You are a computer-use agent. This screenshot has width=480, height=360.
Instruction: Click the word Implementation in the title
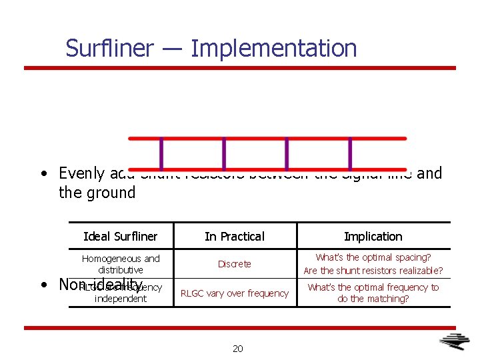pyautogui.click(x=273, y=49)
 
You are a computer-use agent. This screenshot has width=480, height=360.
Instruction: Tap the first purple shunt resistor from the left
pyautogui.click(x=161, y=153)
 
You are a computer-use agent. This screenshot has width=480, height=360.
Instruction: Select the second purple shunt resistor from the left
pyautogui.click(x=224, y=153)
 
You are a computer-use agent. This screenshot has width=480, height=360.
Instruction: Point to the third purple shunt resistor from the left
pyautogui.click(x=287, y=153)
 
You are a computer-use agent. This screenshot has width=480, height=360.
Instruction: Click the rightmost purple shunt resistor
pyautogui.click(x=350, y=153)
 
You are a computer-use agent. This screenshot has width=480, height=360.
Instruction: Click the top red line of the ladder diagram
pyautogui.click(x=267, y=139)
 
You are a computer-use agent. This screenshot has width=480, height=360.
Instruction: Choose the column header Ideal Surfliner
pyautogui.click(x=121, y=237)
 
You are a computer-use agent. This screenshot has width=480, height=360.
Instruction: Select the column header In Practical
pyautogui.click(x=234, y=237)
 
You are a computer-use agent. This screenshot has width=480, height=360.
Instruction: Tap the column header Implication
pyautogui.click(x=373, y=237)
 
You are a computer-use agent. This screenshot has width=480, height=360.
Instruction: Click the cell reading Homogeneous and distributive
pyautogui.click(x=121, y=264)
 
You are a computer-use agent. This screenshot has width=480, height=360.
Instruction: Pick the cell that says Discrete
pyautogui.click(x=235, y=264)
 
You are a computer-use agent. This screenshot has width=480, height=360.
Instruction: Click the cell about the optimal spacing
pyautogui.click(x=373, y=264)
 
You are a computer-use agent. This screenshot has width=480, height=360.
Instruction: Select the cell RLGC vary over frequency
pyautogui.click(x=235, y=293)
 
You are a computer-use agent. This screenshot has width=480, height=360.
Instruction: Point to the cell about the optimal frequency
pyautogui.click(x=373, y=293)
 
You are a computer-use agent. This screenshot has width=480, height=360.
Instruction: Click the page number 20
pyautogui.click(x=238, y=349)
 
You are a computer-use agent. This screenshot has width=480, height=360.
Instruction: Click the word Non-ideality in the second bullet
pyautogui.click(x=101, y=285)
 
